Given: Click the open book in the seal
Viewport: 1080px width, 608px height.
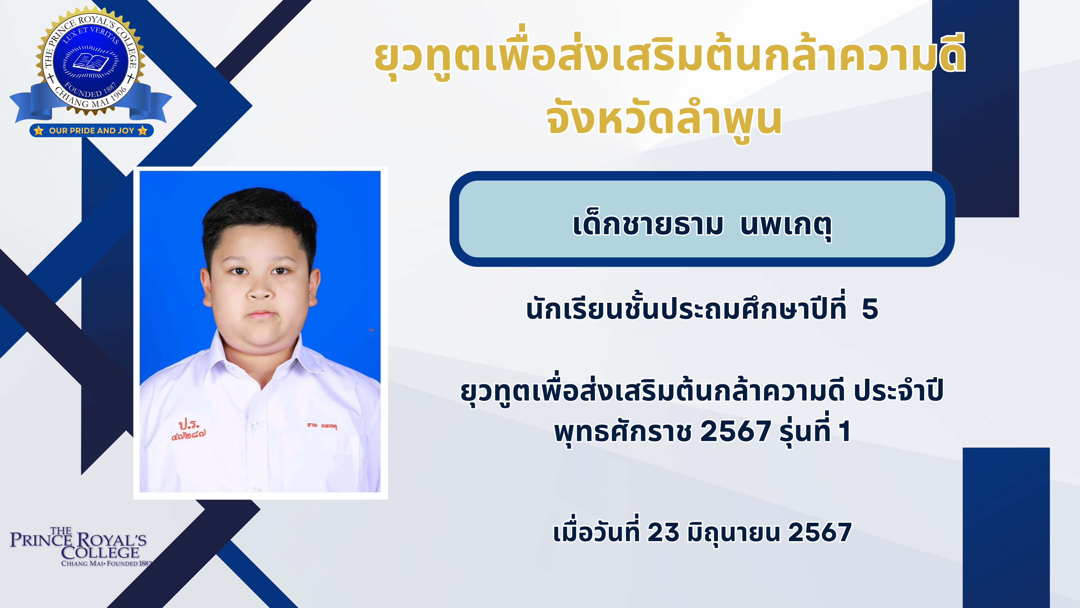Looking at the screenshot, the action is pos(91,62).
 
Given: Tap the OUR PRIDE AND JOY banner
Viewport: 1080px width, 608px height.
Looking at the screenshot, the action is pos(91,131).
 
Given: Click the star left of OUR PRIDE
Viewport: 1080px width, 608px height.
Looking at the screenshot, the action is pos(38,131).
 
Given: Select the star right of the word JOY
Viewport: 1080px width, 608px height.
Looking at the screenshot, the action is pos(143,131).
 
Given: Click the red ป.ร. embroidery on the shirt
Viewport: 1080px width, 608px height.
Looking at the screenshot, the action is pos(189,429).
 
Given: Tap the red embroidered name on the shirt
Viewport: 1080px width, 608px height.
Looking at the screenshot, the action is pos(322,425).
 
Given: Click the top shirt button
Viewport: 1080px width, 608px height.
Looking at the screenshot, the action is pos(255,425).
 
